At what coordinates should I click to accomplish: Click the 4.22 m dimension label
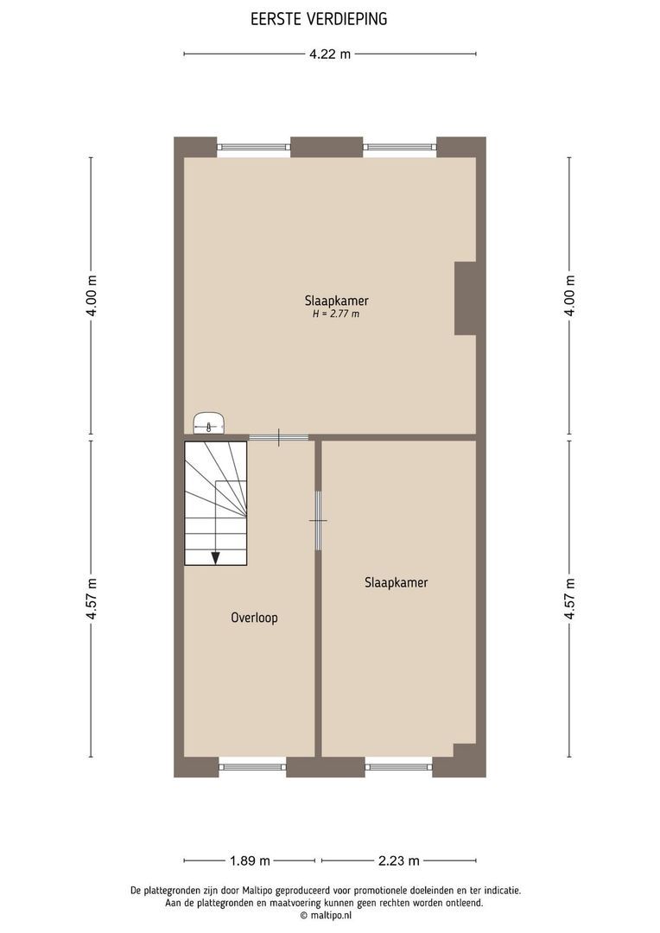pyautogui.click(x=330, y=54)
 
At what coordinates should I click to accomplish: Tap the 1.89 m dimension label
pyautogui.click(x=250, y=860)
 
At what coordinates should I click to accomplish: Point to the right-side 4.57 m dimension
pyautogui.click(x=569, y=598)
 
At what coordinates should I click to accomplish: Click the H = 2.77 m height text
pyautogui.click(x=336, y=314)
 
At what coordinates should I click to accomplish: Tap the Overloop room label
pyautogui.click(x=254, y=618)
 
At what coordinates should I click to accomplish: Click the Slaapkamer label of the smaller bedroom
pyautogui.click(x=397, y=582)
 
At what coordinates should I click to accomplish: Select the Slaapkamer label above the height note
pyautogui.click(x=336, y=301)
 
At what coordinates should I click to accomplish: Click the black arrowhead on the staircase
pyautogui.click(x=215, y=557)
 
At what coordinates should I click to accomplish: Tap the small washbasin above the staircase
pyautogui.click(x=210, y=423)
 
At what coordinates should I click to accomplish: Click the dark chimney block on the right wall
pyautogui.click(x=465, y=297)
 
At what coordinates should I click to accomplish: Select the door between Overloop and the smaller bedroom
pyautogui.click(x=318, y=521)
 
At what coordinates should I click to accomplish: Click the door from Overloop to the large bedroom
pyautogui.click(x=279, y=438)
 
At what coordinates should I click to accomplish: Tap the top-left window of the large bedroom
pyautogui.click(x=253, y=147)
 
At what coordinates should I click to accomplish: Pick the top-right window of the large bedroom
pyautogui.click(x=399, y=147)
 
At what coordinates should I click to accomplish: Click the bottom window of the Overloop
pyautogui.click(x=252, y=765)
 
